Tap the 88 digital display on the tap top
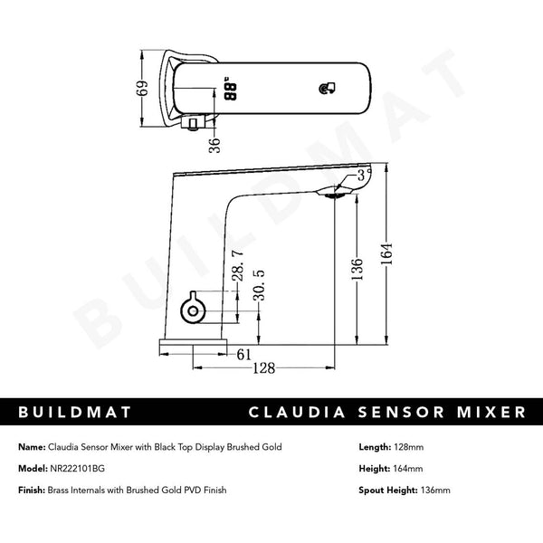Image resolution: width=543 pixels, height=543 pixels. click(229, 90)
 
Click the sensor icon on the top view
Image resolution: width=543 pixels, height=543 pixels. click(328, 88)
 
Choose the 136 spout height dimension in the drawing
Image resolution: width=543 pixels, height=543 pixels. click(357, 268)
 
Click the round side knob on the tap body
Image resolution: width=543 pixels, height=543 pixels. click(192, 310)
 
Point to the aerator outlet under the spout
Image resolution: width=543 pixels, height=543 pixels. click(336, 192)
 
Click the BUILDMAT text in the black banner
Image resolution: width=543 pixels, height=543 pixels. click(76, 412)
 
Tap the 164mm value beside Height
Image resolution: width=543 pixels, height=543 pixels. click(409, 469)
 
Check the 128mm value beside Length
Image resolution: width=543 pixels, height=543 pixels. click(412, 447)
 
